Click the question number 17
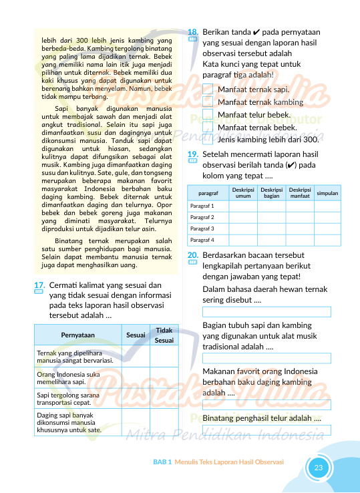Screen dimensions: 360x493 [x=38, y=286]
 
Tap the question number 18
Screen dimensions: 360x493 [x=192, y=31]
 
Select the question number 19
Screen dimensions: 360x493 [x=192, y=155]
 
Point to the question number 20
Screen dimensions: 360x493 [x=192, y=255]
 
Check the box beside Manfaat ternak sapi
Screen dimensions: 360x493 [x=208, y=90]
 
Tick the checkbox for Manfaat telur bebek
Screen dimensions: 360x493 [x=208, y=115]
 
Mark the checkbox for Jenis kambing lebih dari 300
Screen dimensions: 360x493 [x=208, y=140]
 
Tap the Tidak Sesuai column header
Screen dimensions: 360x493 [x=164, y=335]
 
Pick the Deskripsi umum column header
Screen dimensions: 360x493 [x=243, y=192]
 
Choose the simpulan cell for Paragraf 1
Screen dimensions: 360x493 [x=327, y=206]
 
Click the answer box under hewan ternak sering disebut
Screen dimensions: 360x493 [x=266, y=312]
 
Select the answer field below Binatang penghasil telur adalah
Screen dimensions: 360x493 [x=266, y=430]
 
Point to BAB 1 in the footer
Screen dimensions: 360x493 [x=162, y=462]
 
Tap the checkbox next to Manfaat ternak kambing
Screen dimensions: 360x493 [x=208, y=102]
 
